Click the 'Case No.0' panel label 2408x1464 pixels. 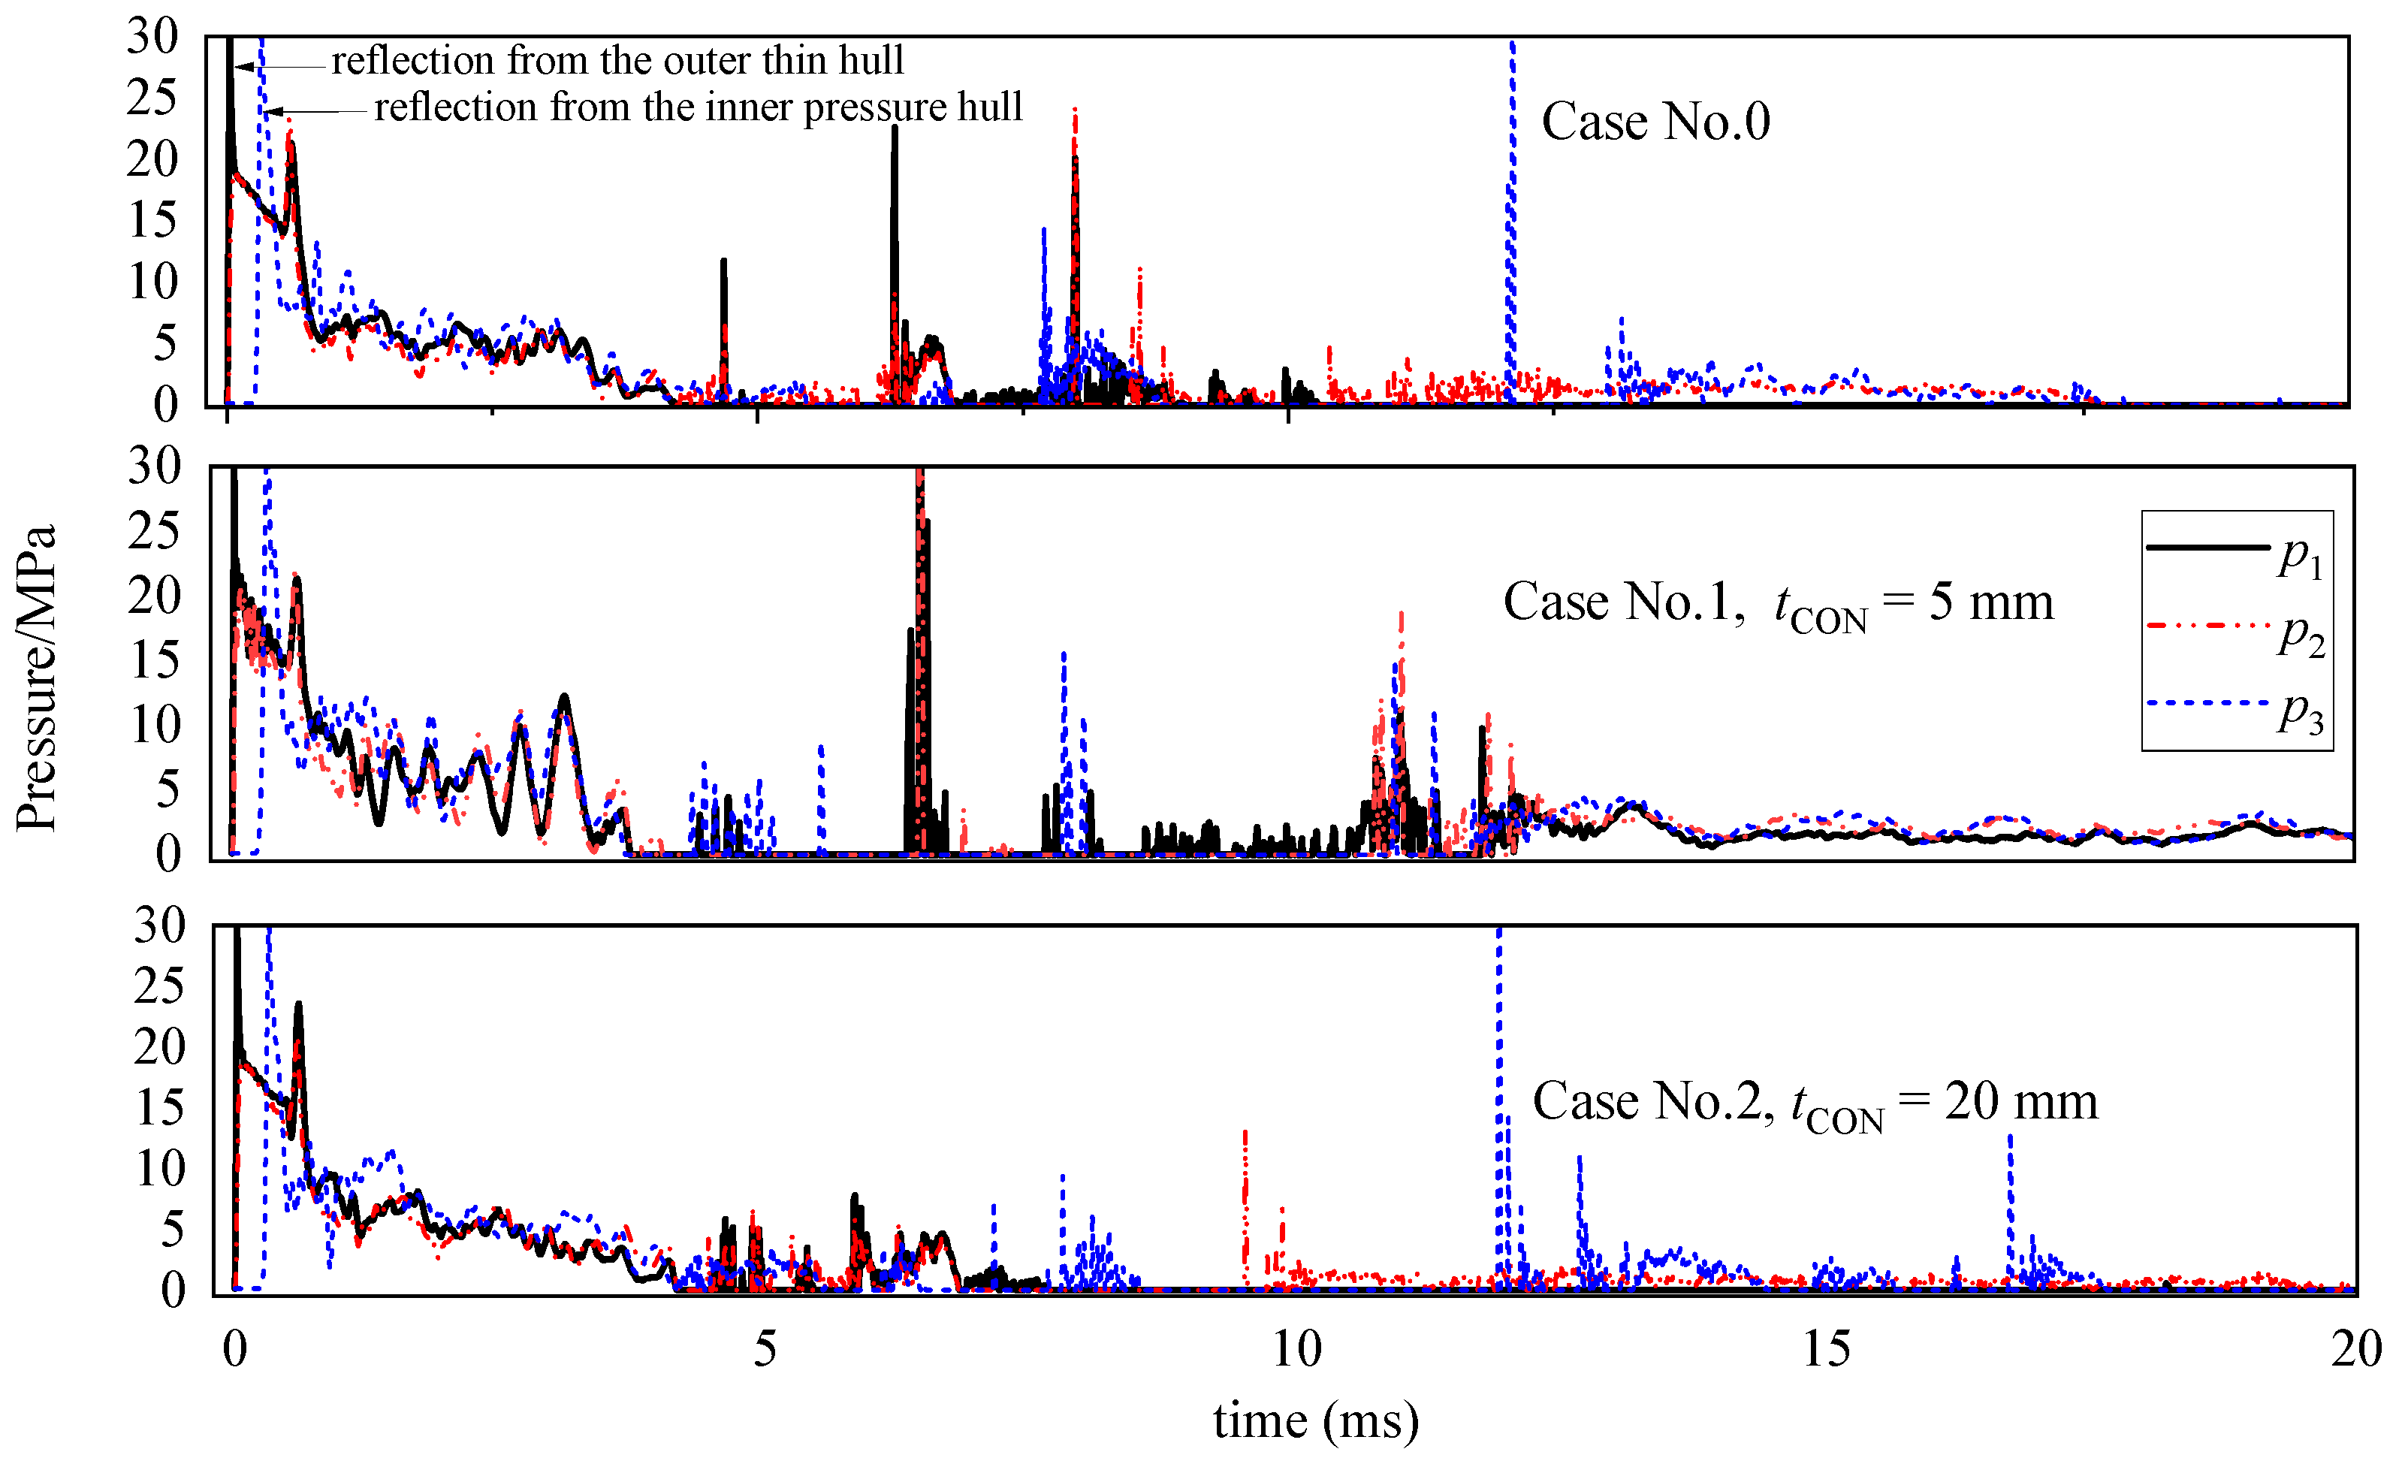click(1655, 122)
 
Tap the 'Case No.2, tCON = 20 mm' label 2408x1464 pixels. click(1814, 1103)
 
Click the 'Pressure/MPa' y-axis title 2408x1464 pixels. click(37, 678)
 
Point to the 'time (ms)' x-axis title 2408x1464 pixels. click(1315, 1419)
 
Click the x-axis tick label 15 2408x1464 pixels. click(1826, 1348)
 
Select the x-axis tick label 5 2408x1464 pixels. click(764, 1348)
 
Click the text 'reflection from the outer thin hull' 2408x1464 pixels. click(617, 61)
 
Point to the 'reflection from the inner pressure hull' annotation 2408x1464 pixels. click(698, 107)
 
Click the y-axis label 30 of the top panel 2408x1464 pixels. click(152, 36)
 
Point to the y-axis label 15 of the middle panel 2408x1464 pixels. click(155, 661)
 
